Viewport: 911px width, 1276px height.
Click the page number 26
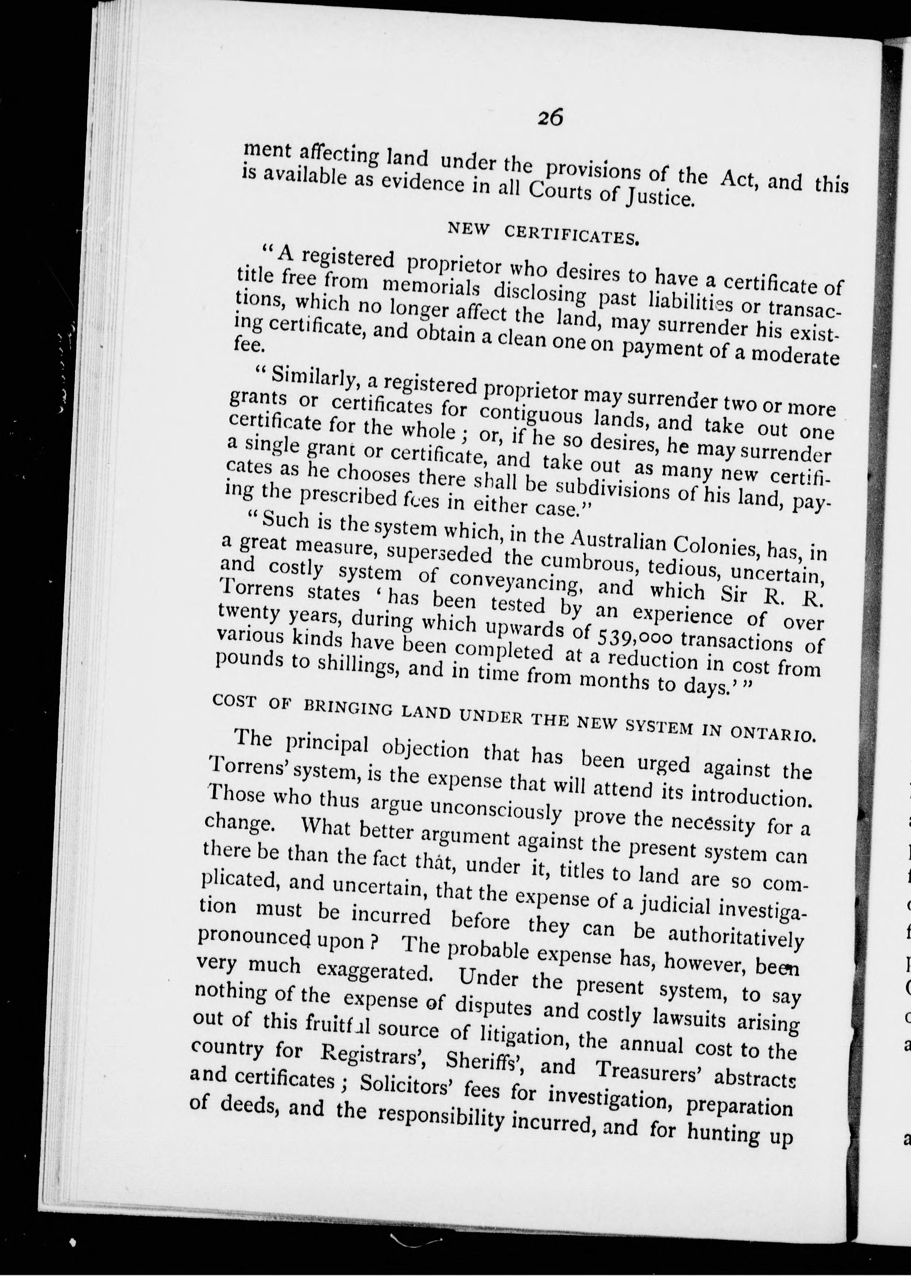point(550,118)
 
